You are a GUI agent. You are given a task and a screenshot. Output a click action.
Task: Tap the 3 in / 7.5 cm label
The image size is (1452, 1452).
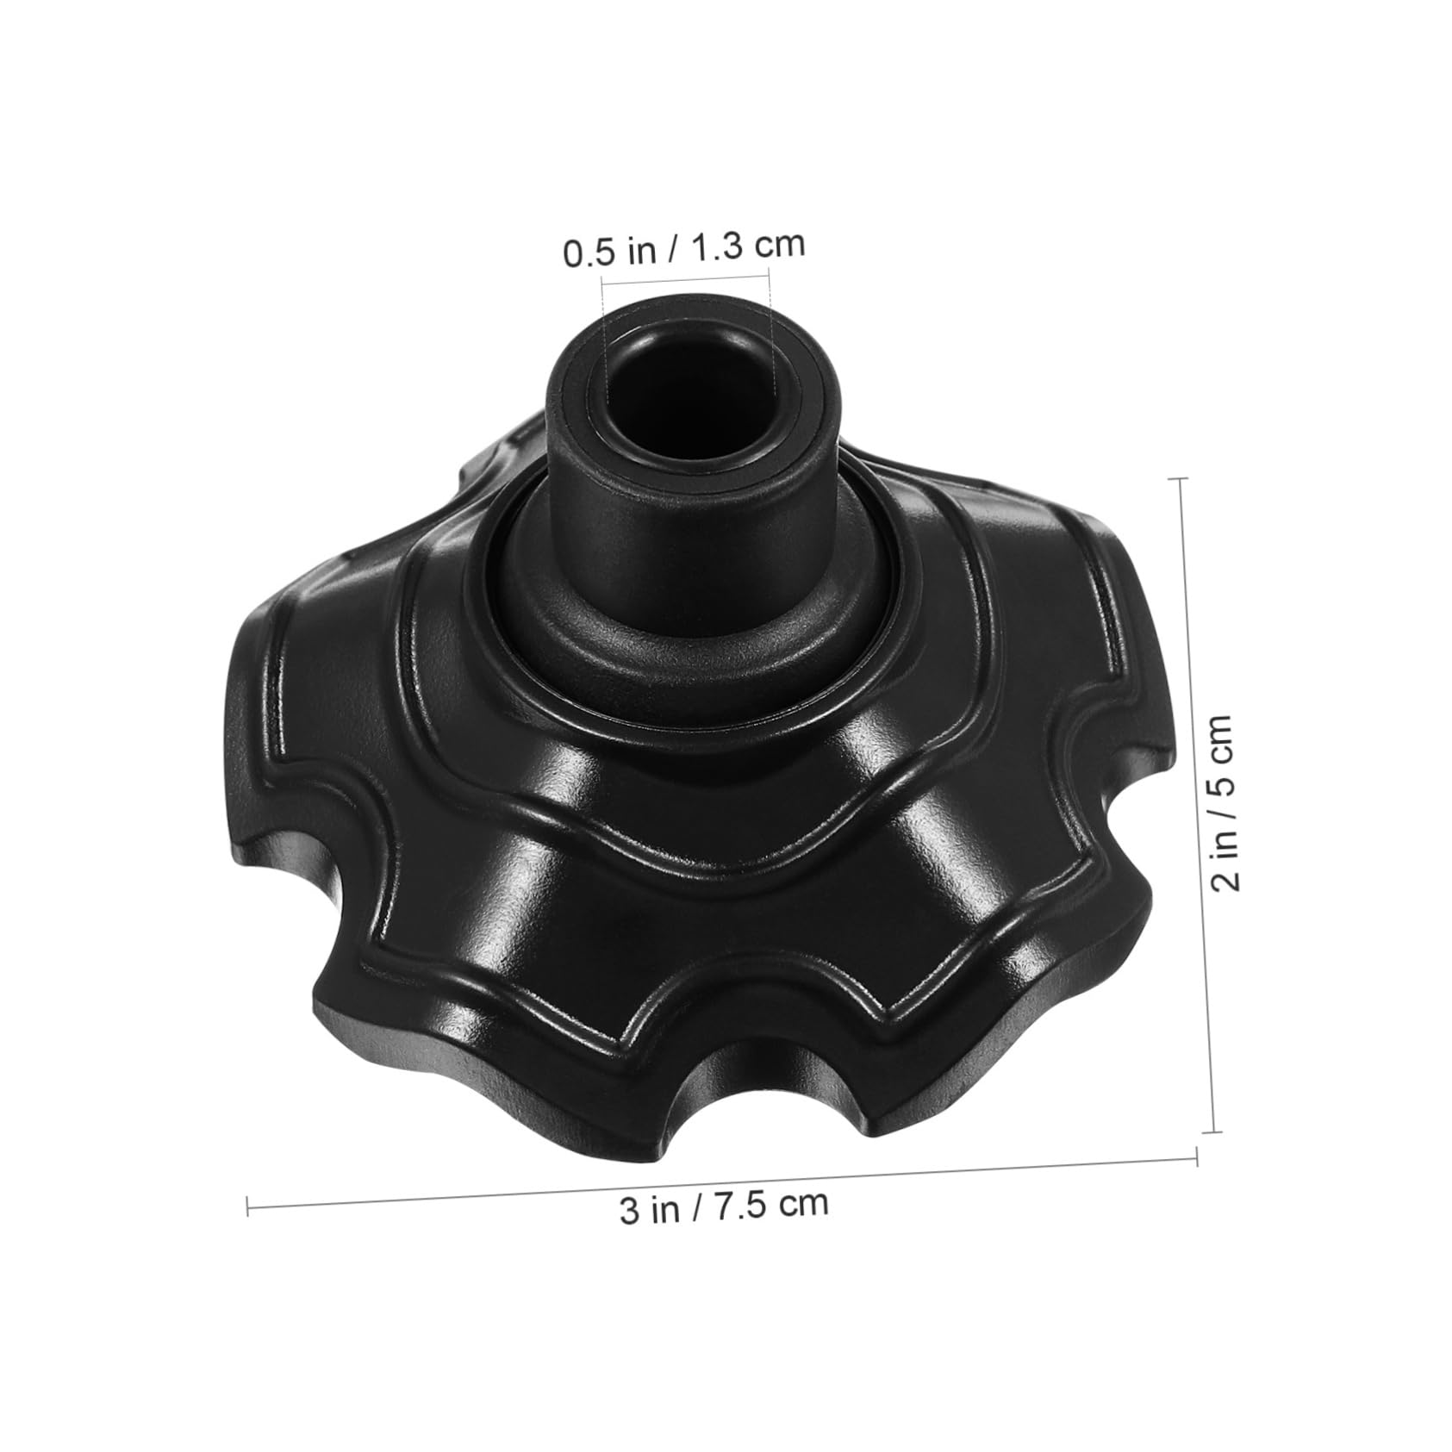point(724,1206)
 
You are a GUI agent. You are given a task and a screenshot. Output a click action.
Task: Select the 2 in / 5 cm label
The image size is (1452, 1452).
point(1225,803)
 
